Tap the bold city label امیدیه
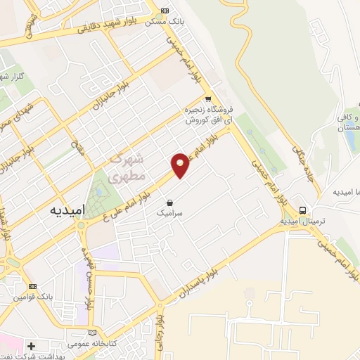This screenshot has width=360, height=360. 67,211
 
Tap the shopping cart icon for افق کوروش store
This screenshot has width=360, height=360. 207,99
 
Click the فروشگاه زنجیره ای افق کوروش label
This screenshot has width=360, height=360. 205,115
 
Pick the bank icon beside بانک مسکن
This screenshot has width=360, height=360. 165,11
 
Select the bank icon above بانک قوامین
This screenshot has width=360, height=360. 32,286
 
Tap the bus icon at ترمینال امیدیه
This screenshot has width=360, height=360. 302,210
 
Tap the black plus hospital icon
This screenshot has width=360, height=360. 31,346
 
